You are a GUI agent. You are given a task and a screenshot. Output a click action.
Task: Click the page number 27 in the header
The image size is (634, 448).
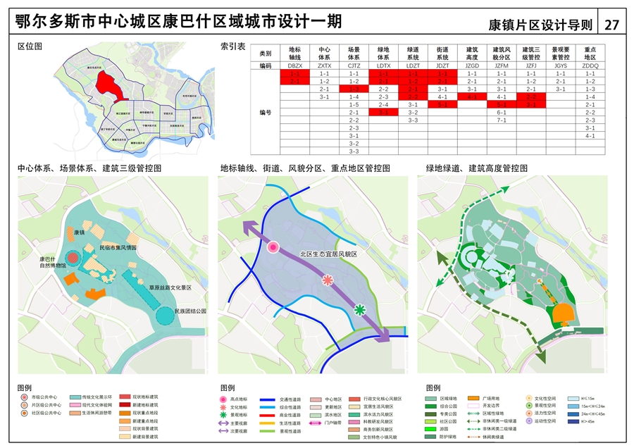pyautogui.click(x=611, y=25)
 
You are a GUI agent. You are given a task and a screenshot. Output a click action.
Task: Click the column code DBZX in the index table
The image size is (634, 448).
pyautogui.click(x=294, y=65)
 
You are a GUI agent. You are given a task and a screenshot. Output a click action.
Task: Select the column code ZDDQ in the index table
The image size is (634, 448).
pyautogui.click(x=590, y=65)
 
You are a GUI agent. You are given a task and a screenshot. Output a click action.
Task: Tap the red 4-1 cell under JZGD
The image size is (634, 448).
pyautogui.click(x=472, y=97)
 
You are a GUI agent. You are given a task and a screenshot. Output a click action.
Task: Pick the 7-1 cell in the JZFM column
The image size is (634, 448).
pyautogui.click(x=502, y=120)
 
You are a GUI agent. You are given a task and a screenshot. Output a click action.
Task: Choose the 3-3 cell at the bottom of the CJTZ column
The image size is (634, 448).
pyautogui.click(x=354, y=151)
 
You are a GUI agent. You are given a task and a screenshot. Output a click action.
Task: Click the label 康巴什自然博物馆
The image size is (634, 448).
pyautogui.click(x=53, y=263)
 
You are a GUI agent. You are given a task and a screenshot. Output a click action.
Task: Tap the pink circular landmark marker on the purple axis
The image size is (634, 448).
pyautogui.click(x=274, y=247)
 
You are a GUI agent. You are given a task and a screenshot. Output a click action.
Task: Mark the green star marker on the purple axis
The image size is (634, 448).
pyautogui.click(x=360, y=309)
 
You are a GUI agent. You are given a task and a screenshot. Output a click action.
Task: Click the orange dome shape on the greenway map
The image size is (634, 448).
pyautogui.click(x=561, y=313)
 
